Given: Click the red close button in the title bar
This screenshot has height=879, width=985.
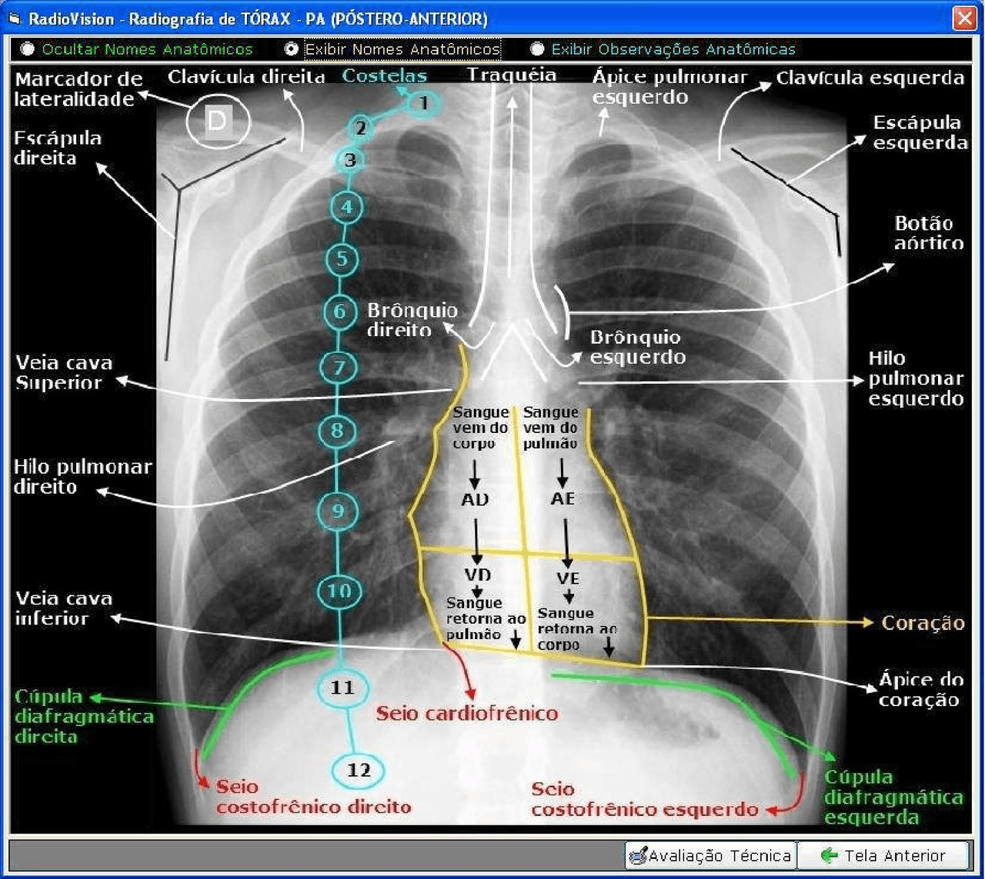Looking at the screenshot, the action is pos(964,19).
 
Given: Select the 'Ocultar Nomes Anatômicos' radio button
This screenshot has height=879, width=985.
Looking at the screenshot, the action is pos(27,49).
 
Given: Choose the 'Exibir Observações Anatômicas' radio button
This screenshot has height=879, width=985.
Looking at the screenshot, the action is pos(536,49).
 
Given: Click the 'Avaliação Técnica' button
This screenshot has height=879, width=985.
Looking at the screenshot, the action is pos(711,855).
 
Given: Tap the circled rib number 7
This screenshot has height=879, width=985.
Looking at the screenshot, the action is pos(339,368).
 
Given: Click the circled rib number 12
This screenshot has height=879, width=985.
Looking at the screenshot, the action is pos(359,770).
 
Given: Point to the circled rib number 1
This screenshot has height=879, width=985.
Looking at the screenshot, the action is pos(423,104).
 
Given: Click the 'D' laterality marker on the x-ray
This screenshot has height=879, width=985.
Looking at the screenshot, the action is pos(218,121).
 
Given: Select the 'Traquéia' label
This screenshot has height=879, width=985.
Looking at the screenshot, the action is pos(512,75).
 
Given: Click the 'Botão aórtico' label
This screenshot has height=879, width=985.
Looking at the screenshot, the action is pos(929,233).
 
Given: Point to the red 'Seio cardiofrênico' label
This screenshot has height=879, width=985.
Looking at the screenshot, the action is pos(467,714).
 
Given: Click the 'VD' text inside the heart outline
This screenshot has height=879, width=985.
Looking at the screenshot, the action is pos(477,575).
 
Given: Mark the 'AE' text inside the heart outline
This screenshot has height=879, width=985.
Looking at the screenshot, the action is pos(563,498).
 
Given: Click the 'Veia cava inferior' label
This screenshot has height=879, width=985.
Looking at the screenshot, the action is pos(64,608).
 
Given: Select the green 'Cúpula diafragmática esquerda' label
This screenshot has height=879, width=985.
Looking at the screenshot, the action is pos(893,797).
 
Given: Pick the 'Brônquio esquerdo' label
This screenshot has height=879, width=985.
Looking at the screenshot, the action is pos(637,348).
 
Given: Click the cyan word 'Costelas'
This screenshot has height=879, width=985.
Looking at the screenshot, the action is pos(384,76).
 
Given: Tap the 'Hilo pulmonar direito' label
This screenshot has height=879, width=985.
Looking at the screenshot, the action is pos(82,477).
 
